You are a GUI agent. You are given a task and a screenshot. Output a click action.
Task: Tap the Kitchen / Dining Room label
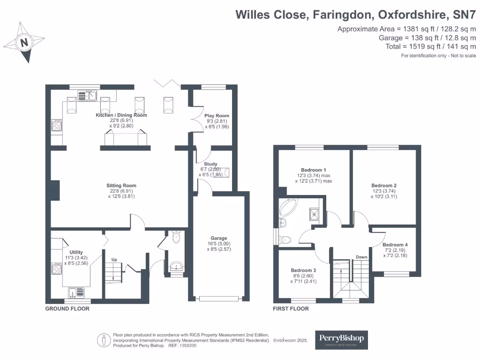pos(121,115)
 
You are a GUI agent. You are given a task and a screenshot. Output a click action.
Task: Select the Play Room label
pos(217,115)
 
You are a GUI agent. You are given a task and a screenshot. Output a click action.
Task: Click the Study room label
pos(210,164)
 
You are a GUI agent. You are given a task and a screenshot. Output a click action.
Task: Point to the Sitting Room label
pos(121,186)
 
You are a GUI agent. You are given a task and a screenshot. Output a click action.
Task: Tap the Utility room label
pos(76,252)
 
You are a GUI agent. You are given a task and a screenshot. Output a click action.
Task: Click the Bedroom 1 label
pos(314,170)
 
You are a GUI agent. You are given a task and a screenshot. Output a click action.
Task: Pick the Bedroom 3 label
pos(303,270)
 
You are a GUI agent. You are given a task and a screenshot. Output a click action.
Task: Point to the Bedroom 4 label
pos(395,245)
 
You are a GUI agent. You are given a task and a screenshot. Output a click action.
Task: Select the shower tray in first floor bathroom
pos(312,213)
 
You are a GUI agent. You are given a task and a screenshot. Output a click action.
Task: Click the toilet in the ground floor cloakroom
pos(176,237)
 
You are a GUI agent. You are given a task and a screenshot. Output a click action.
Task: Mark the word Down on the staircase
pos(361,257)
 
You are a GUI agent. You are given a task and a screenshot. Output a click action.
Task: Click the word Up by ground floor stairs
pos(114,259)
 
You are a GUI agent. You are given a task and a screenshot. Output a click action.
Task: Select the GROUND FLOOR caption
pos(67,309)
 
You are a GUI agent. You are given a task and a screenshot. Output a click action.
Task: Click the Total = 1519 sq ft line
pos(429,46)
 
